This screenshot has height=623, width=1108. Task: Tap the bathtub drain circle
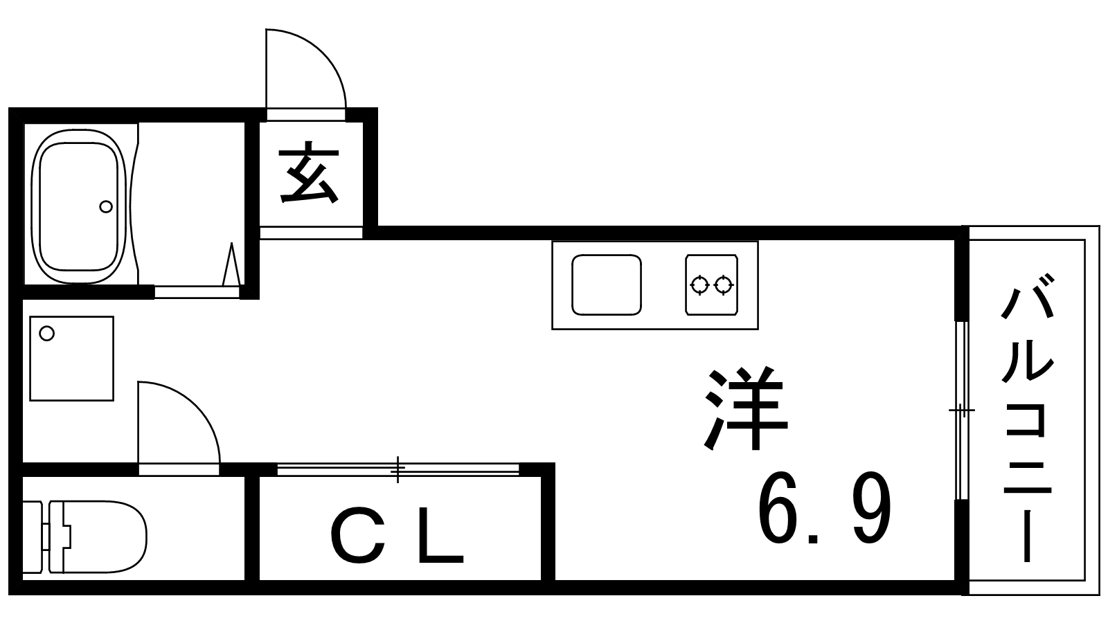[106, 206]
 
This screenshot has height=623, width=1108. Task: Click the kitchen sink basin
[606, 285]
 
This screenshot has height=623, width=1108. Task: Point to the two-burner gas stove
[711, 285]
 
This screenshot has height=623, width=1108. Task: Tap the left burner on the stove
[699, 285]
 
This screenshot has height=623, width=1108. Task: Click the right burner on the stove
[724, 285]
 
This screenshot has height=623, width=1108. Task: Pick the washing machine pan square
[71, 358]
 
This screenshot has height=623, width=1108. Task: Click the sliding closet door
[397, 469]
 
